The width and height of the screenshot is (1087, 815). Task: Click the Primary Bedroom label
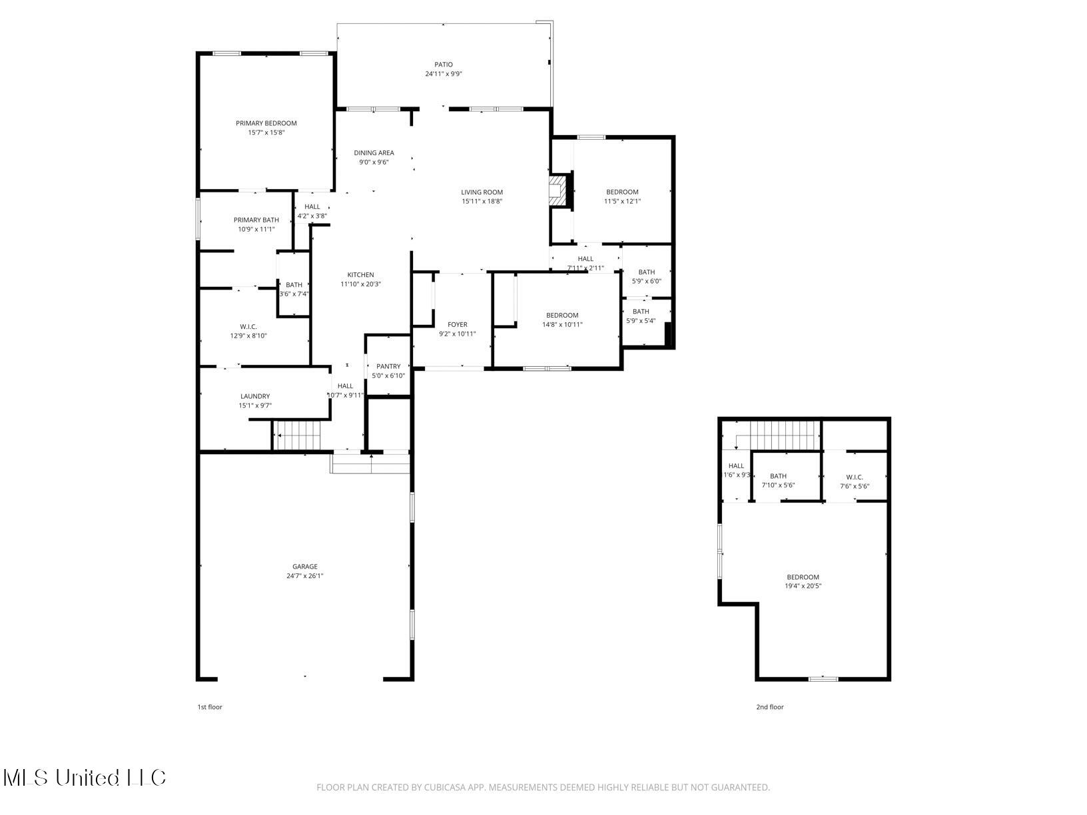coord(266,123)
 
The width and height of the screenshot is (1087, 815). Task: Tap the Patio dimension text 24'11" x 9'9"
coord(444,74)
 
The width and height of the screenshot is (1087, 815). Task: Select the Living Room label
coord(482,192)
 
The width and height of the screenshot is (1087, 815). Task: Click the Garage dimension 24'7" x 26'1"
coord(305,576)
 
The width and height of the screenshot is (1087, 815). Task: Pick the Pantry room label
coord(388,366)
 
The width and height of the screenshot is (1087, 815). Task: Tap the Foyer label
coord(457,325)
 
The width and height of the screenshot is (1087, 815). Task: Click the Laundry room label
coord(255,396)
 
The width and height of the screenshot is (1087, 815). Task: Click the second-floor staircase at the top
coord(785,435)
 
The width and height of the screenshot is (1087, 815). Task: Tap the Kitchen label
coord(360,275)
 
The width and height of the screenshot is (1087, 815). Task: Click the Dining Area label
coord(374,153)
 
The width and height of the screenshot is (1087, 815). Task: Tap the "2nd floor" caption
coord(769,707)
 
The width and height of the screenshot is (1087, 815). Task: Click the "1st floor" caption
coord(210,707)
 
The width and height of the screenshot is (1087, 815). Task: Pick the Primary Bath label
coord(256,220)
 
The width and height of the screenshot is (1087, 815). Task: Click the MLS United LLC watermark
coord(85,778)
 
